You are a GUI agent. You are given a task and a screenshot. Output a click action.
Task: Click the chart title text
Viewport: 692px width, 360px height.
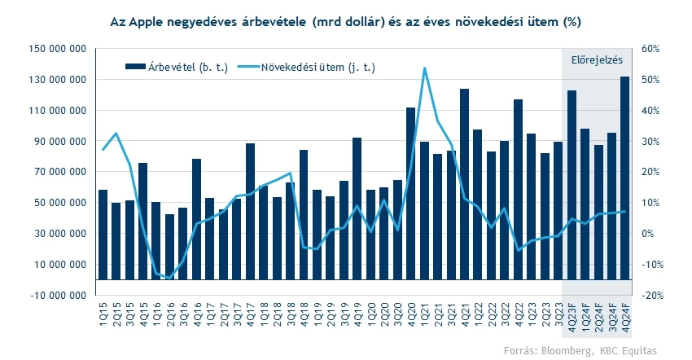coord(346,19)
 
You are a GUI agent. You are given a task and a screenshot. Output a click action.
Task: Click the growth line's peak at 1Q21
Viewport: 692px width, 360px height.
coord(424,68)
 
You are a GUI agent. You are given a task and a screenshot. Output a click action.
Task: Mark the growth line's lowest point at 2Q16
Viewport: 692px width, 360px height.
coord(170,278)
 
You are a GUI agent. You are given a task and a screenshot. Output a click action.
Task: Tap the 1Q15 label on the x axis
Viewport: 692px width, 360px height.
coord(103,311)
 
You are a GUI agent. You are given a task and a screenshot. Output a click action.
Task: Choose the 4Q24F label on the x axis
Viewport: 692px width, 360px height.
coord(625,314)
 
